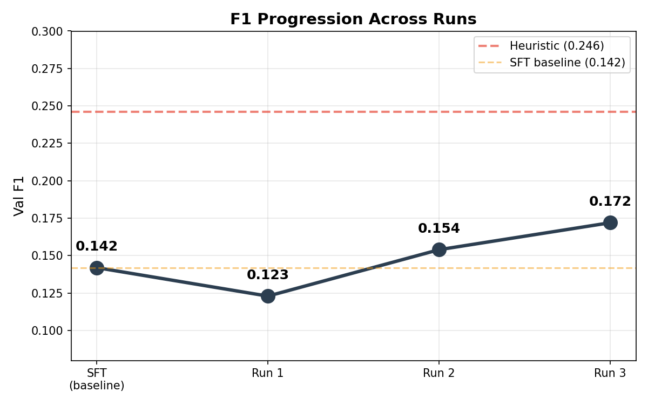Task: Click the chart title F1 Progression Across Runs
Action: point(353,19)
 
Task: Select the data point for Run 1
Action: point(268,296)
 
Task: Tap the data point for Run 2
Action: point(439,249)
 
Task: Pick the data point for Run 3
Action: point(610,222)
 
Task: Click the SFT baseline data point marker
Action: point(97,268)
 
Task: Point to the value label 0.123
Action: point(268,275)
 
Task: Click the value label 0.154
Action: point(439,228)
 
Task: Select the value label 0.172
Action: point(610,201)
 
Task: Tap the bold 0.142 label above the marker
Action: point(97,246)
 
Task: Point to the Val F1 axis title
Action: point(19,196)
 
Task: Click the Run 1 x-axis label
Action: point(268,373)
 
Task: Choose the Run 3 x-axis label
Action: point(610,373)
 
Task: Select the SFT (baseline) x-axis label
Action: point(97,379)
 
